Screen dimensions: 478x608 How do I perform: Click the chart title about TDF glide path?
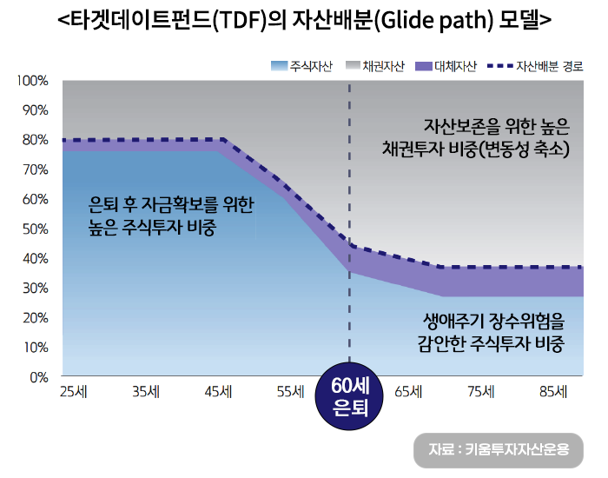point(303,18)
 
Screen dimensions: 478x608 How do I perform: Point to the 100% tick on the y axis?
point(32,81)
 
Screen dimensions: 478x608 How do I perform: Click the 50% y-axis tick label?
point(35,229)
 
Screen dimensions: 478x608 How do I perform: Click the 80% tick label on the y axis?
point(35,140)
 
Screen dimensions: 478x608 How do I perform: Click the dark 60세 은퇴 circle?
point(349,397)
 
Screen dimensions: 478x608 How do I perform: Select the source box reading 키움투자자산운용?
point(499,449)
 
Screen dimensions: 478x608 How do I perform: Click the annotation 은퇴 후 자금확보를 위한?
point(171,206)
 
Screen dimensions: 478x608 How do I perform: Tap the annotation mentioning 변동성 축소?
point(476,149)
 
